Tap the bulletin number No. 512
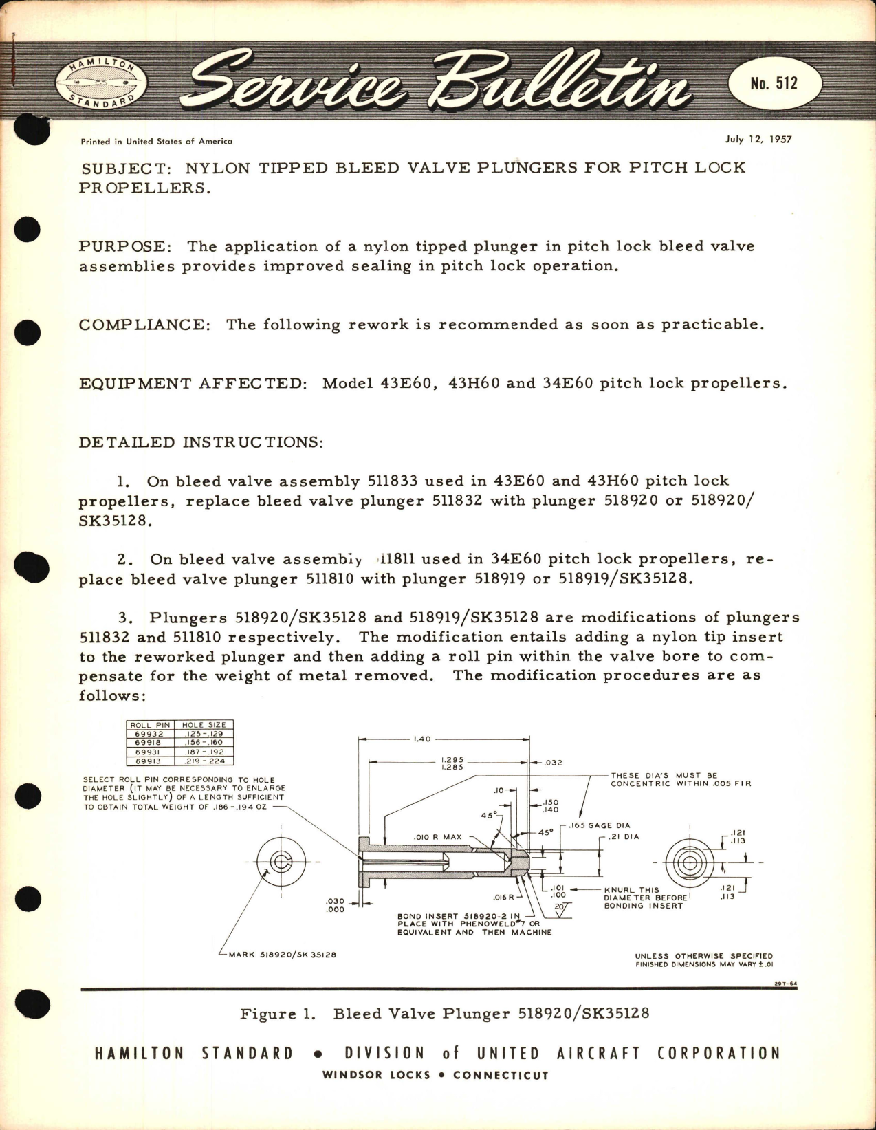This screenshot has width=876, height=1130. pos(774,84)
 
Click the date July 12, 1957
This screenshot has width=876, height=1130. pos(758,139)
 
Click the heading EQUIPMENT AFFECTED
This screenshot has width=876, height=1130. pos(193,383)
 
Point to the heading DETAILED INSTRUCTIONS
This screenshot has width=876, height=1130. pos(200,442)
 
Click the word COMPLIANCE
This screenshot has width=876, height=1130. pos(144,325)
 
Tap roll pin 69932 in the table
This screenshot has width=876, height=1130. pos(149,734)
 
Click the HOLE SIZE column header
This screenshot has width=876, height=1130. pos(204,725)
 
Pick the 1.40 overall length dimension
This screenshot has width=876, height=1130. pos(421,739)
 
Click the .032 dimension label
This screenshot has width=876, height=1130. pos(553,763)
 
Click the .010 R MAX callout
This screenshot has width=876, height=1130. pos(437,837)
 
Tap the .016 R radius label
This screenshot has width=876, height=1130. pos(503,897)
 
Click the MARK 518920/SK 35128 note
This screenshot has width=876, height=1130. pos(282,955)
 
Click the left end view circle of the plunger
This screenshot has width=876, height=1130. pos(280,861)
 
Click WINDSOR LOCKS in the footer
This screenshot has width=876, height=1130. pos(376,1075)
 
